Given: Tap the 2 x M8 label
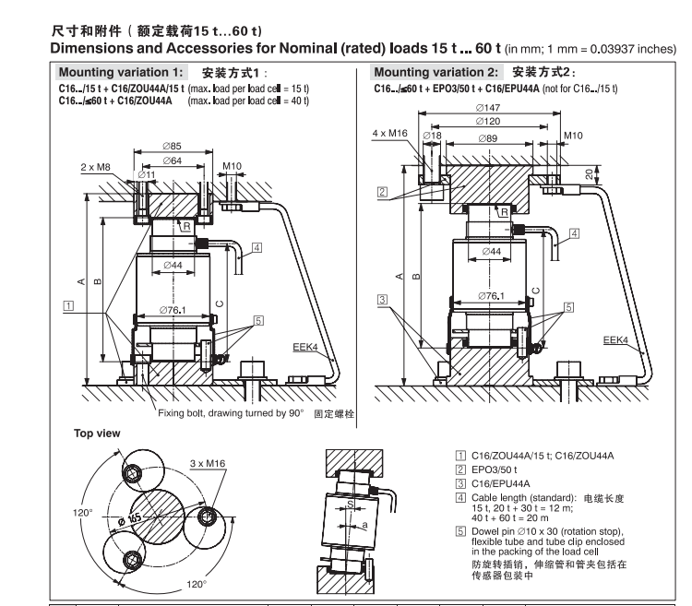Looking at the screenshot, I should (95, 167).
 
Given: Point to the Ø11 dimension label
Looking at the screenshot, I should (119, 173).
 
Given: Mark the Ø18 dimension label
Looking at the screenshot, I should (430, 137).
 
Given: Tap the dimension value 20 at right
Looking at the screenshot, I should (589, 172).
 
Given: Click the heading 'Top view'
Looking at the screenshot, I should (95, 431).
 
